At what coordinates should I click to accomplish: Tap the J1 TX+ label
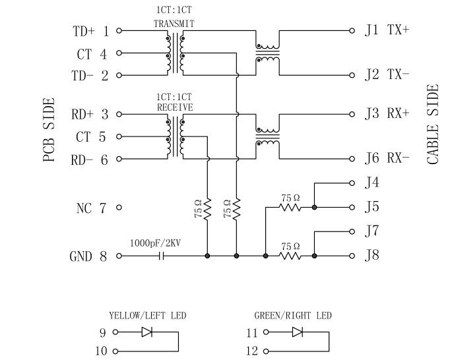[x=387, y=30]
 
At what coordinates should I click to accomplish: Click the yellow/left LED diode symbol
[x=147, y=333]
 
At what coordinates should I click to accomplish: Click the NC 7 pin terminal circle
[x=119, y=208]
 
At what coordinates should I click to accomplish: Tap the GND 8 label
[x=88, y=256]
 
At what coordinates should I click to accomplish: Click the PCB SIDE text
[x=49, y=130]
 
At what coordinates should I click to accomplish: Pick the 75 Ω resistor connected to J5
[x=290, y=208]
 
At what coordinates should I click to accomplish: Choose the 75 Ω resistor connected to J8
[x=290, y=256]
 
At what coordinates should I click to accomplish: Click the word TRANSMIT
[x=174, y=24]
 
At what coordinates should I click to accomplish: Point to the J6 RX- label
[x=387, y=158]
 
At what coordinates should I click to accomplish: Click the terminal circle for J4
[x=352, y=183]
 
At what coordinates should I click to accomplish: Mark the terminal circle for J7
[x=352, y=231]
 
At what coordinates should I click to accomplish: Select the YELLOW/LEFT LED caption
[x=148, y=316]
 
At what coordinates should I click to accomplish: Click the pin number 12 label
[x=253, y=351]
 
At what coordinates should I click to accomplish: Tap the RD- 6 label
[x=90, y=160]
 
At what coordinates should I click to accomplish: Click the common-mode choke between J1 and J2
[x=267, y=53]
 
